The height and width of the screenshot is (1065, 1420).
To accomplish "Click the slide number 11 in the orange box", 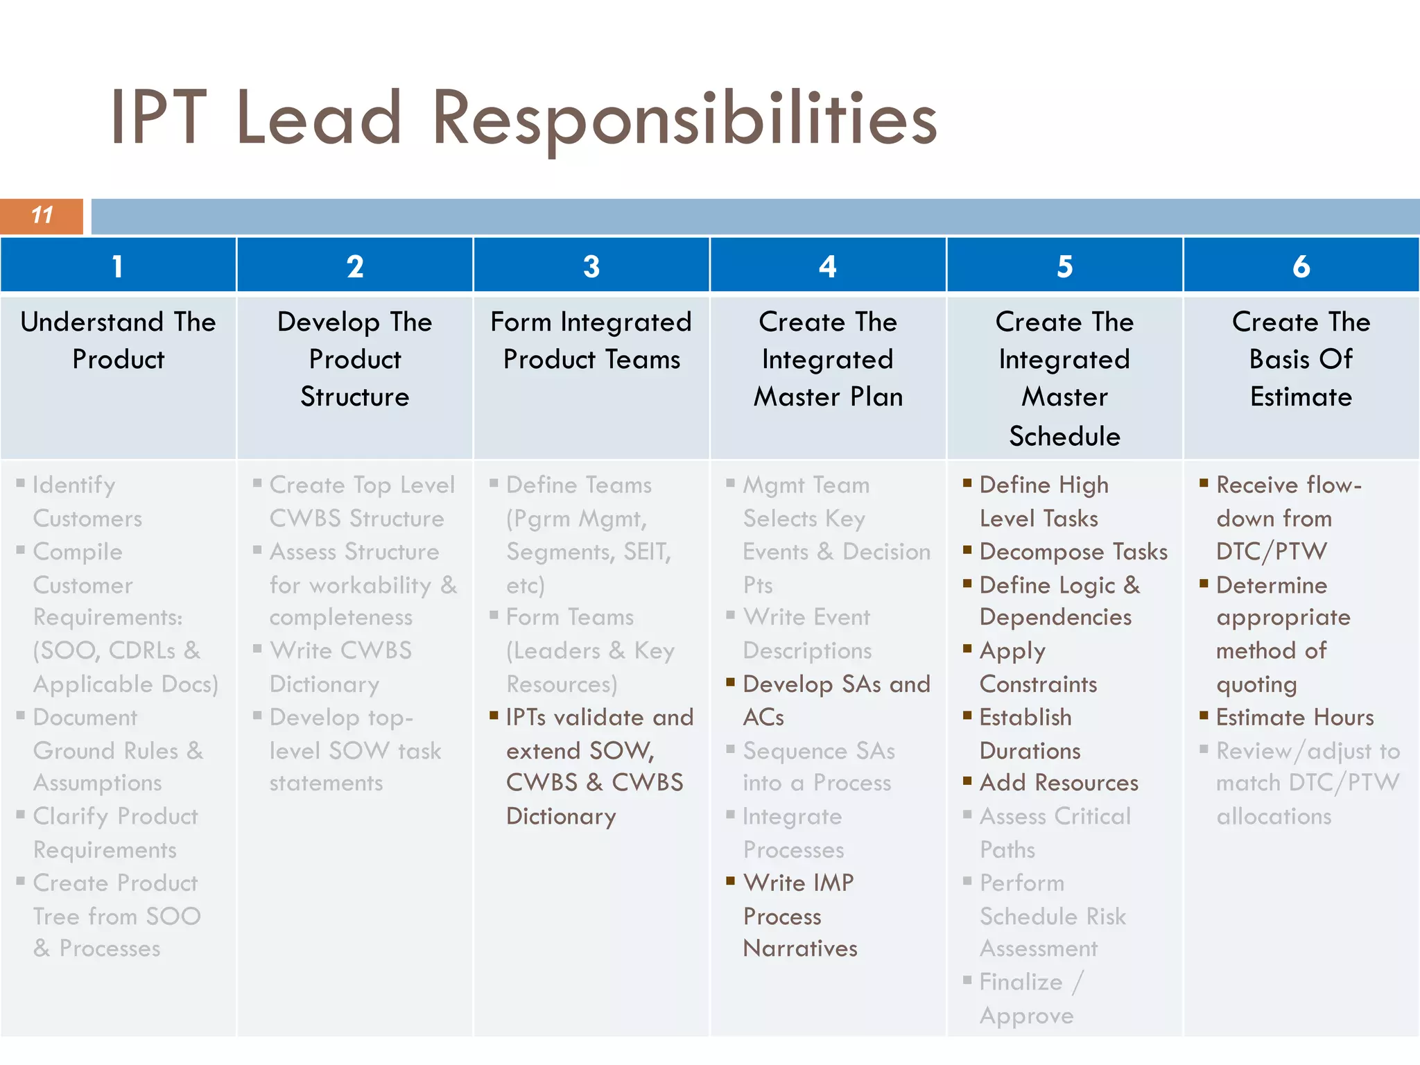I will [42, 216].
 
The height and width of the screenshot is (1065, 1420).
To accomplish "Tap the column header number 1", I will [118, 266].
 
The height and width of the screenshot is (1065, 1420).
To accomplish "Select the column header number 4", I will [828, 266].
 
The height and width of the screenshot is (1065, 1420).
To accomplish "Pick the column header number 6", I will [1301, 266].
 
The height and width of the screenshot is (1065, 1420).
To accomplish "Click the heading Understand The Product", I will [118, 340].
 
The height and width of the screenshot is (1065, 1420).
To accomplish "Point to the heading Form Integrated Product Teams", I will [591, 340].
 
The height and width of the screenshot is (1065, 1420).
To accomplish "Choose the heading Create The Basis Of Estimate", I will [1301, 359].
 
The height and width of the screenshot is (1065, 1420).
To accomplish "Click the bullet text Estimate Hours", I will [1295, 717].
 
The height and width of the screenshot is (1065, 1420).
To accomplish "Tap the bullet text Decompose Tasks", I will [1073, 552].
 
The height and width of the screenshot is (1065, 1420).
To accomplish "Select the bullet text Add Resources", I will [1059, 783].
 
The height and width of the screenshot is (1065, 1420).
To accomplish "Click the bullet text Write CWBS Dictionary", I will [340, 667].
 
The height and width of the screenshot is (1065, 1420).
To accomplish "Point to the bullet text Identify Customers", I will [87, 501].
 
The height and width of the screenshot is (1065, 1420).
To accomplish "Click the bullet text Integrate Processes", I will [793, 833].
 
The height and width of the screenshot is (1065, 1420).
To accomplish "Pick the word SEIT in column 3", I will [646, 552].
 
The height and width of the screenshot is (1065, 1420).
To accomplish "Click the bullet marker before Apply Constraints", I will [968, 649].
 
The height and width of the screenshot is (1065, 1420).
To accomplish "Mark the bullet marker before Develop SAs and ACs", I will [731, 682].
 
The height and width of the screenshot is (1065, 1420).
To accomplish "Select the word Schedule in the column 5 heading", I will [1064, 436].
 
